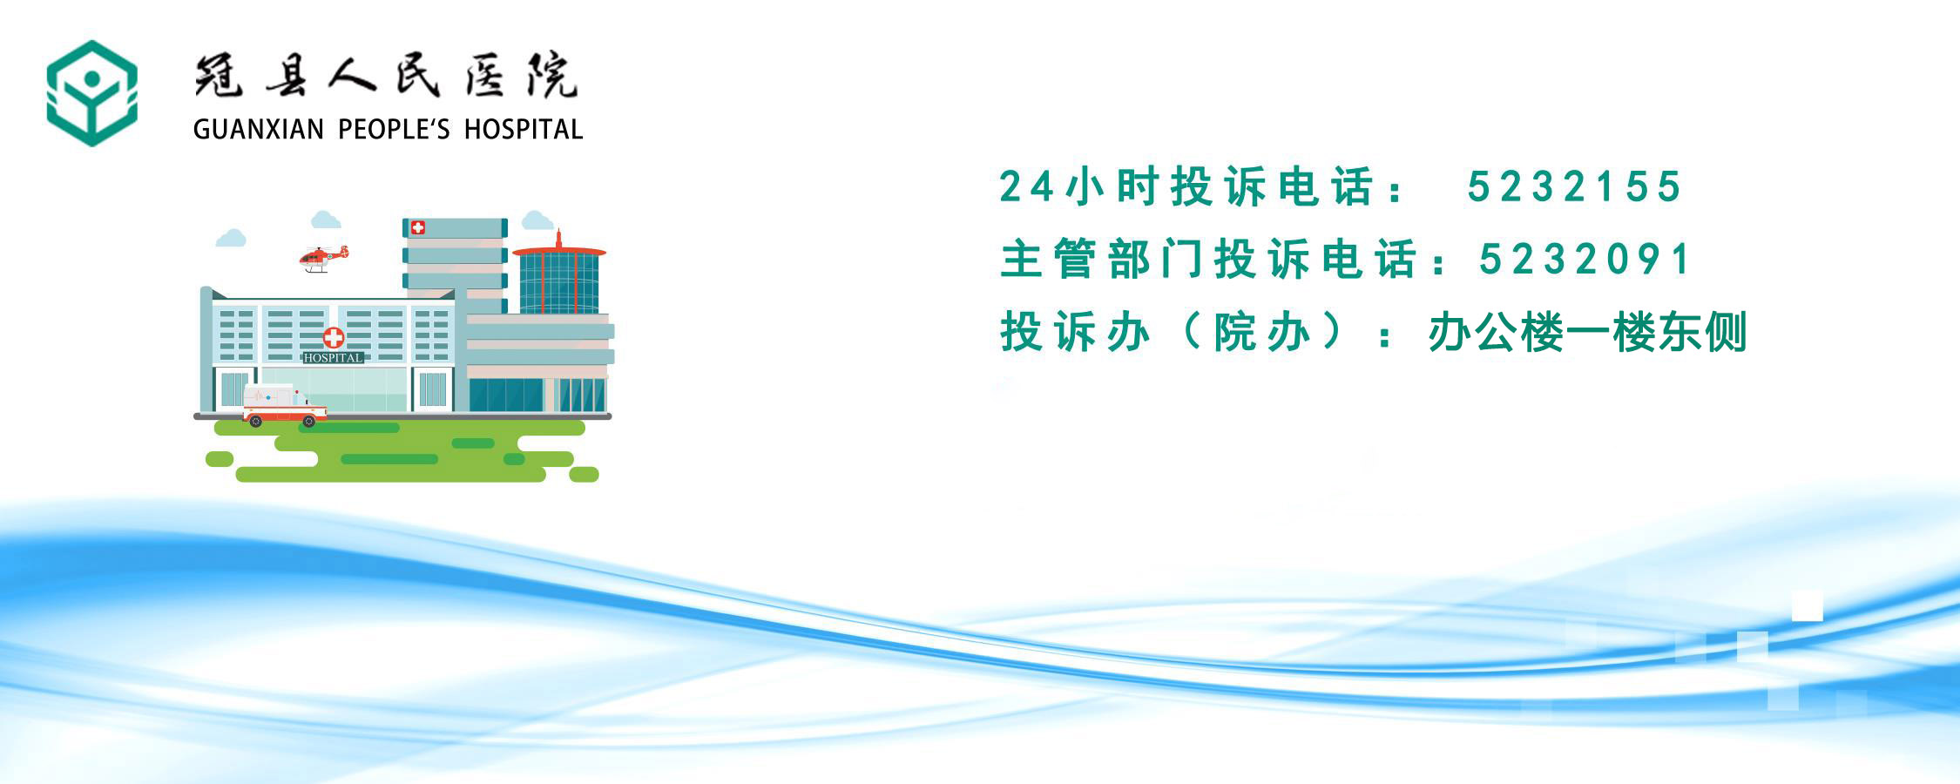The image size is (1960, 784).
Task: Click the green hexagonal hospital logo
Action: click(x=91, y=93)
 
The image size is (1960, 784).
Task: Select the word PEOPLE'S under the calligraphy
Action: click(x=394, y=130)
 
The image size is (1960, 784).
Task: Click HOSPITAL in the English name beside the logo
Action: click(x=524, y=130)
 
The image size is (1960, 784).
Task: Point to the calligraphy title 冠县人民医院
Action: click(x=385, y=77)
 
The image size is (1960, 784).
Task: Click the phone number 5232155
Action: click(x=1574, y=186)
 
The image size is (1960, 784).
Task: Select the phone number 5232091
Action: click(x=1585, y=259)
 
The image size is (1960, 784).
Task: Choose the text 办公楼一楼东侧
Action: click(x=1587, y=332)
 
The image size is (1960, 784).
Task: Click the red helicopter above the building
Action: click(x=322, y=258)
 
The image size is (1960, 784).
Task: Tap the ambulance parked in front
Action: click(x=284, y=406)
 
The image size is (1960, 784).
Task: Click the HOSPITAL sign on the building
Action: click(x=333, y=357)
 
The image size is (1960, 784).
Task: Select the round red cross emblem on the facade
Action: click(x=334, y=338)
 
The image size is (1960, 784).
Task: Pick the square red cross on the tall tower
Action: click(x=418, y=227)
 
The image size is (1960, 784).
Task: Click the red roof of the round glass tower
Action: click(x=558, y=250)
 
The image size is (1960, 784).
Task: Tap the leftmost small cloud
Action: click(x=231, y=237)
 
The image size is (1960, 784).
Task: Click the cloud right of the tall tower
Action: click(x=537, y=220)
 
